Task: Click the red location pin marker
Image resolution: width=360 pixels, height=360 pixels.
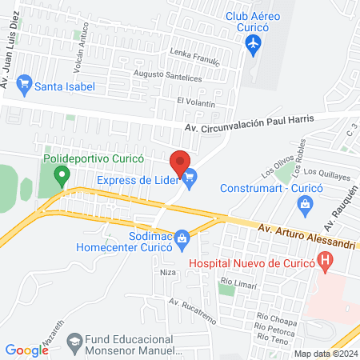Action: tap(181, 161)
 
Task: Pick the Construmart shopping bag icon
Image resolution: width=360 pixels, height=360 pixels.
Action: tap(305, 206)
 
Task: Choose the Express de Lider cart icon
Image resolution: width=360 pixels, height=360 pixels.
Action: tap(190, 179)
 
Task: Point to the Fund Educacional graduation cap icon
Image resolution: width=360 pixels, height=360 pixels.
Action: tap(74, 341)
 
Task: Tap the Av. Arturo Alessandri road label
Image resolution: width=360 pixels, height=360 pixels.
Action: tap(306, 232)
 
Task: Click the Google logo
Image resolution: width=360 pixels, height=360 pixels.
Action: tap(26, 350)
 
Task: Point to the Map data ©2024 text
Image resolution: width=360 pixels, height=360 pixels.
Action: tap(326, 353)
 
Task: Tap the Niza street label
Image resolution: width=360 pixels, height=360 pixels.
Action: tap(167, 272)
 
